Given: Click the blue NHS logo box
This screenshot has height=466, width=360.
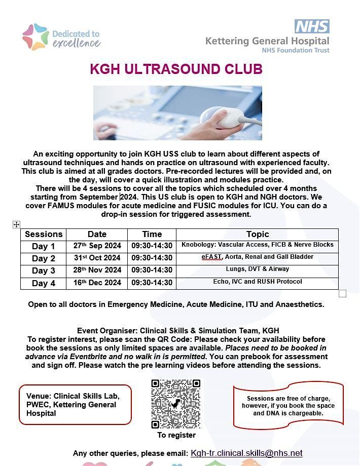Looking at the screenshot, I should pyautogui.click(x=312, y=26).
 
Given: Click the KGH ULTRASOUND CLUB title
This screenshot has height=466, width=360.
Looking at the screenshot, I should pyautogui.click(x=176, y=69).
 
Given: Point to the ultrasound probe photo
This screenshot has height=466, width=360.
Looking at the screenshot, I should pyautogui.click(x=177, y=113).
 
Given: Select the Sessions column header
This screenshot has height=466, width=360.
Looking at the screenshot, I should pyautogui.click(x=44, y=234).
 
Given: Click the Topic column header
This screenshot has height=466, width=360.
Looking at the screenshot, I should pyautogui.click(x=257, y=234).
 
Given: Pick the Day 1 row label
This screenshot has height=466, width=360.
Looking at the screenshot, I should pyautogui.click(x=44, y=246).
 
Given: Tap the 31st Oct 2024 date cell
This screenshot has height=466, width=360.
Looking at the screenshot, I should pyautogui.click(x=97, y=258).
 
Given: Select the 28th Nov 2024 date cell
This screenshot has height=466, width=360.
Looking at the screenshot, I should pyautogui.click(x=97, y=270).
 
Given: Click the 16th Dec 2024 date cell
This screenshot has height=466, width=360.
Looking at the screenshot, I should pyautogui.click(x=97, y=283).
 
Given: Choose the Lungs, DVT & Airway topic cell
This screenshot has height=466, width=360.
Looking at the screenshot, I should pyautogui.click(x=257, y=269).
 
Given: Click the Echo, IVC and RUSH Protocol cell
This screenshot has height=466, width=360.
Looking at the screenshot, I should pyautogui.click(x=257, y=282).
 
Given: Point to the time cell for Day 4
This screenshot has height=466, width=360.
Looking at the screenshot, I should pyautogui.click(x=152, y=283).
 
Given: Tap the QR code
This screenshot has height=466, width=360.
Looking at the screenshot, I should pyautogui.click(x=176, y=404).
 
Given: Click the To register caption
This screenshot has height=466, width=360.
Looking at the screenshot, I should pyautogui.click(x=176, y=435).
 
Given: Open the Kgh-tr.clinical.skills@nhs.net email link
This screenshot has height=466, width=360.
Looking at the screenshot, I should pyautogui.click(x=246, y=453).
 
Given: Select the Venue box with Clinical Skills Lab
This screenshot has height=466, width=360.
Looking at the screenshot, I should pyautogui.click(x=75, y=404).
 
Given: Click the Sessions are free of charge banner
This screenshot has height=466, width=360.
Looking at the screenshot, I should pyautogui.click(x=288, y=405).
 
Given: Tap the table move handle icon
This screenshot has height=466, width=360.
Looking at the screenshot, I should pyautogui.click(x=16, y=224).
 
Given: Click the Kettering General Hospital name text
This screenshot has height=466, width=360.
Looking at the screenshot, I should pyautogui.click(x=267, y=41).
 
